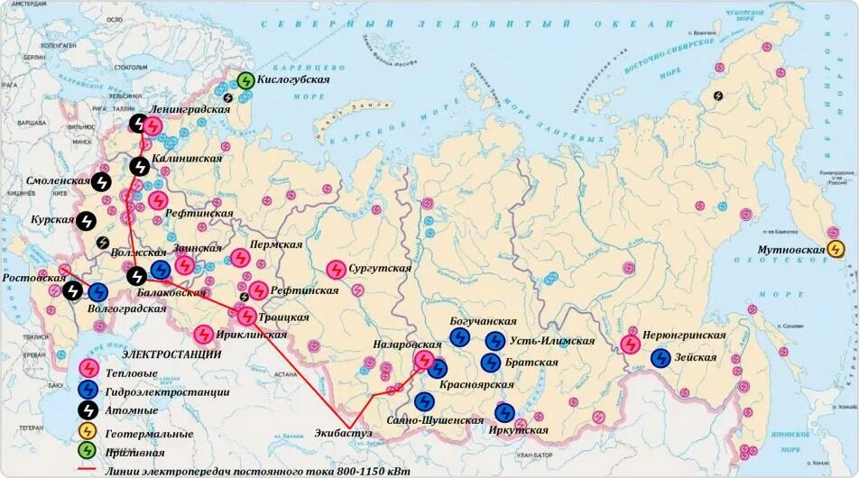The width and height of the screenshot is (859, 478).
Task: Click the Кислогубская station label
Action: (x=293, y=79)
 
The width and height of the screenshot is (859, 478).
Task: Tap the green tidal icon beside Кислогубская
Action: (x=245, y=80)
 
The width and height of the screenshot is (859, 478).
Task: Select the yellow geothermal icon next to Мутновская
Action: (x=836, y=249)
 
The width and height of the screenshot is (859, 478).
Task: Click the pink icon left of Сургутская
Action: (x=335, y=269)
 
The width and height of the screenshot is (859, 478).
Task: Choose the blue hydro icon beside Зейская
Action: (x=660, y=358)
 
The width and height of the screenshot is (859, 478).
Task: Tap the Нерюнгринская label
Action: (x=684, y=335)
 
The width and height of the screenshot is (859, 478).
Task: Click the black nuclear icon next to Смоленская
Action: (x=102, y=181)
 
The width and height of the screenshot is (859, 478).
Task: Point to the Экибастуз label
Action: (x=345, y=434)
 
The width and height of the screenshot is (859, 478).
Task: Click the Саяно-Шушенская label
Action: (x=429, y=420)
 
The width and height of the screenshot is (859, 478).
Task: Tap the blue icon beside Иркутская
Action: (x=504, y=413)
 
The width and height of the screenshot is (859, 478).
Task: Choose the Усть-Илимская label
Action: (x=552, y=341)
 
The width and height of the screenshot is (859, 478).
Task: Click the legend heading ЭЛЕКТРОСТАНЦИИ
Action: (x=171, y=354)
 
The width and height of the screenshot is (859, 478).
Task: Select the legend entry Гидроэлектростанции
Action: (x=167, y=391)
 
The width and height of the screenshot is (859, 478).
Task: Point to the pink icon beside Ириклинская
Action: (x=204, y=335)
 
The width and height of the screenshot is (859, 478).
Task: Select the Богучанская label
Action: (x=483, y=321)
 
